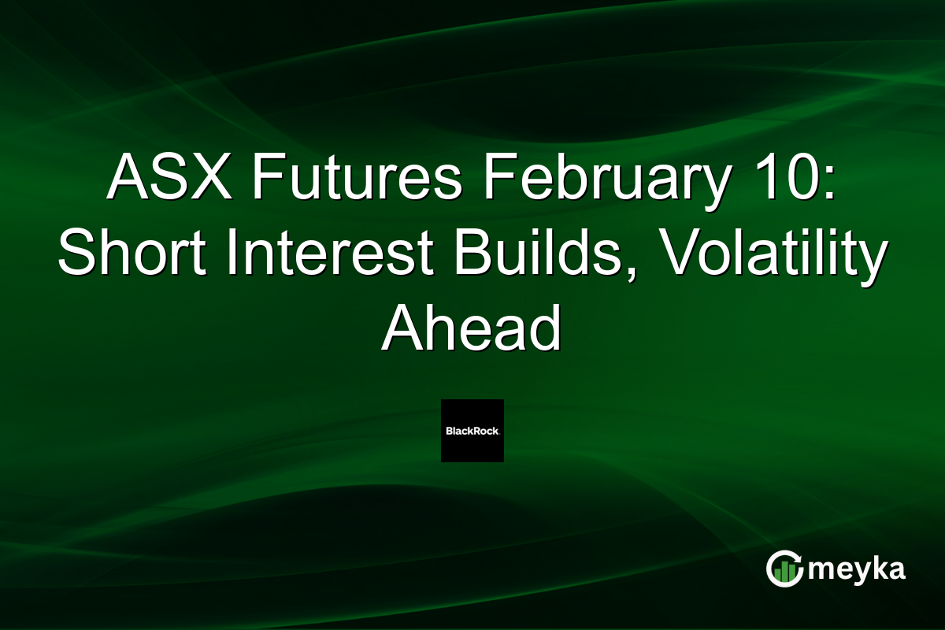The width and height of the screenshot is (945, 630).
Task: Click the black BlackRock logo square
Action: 472,430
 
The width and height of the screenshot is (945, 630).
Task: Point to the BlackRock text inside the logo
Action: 472,431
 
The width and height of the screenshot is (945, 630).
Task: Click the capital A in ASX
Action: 125,177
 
